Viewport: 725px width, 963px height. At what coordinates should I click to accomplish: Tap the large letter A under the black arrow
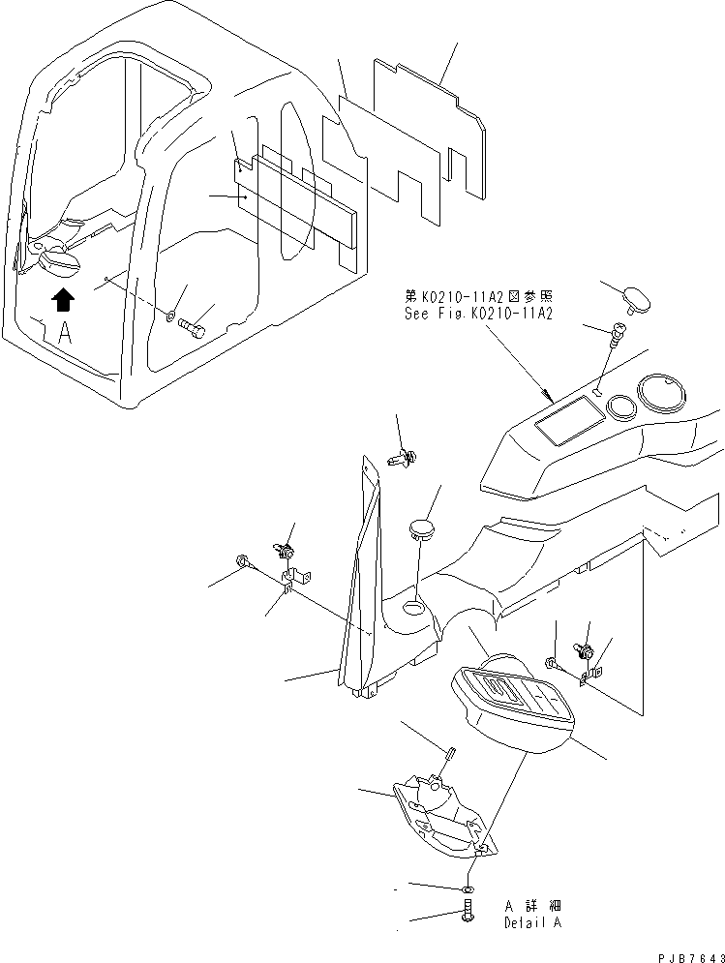pyautogui.click(x=64, y=334)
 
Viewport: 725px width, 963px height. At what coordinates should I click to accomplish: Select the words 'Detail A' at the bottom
pyautogui.click(x=531, y=922)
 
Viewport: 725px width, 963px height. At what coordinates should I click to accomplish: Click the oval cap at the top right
pyautogui.click(x=637, y=298)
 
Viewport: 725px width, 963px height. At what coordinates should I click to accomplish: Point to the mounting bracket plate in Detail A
pyautogui.click(x=440, y=813)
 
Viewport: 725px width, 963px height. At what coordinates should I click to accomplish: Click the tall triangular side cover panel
pyautogui.click(x=358, y=581)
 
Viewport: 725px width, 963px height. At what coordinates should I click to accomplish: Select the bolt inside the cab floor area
pyautogui.click(x=191, y=328)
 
